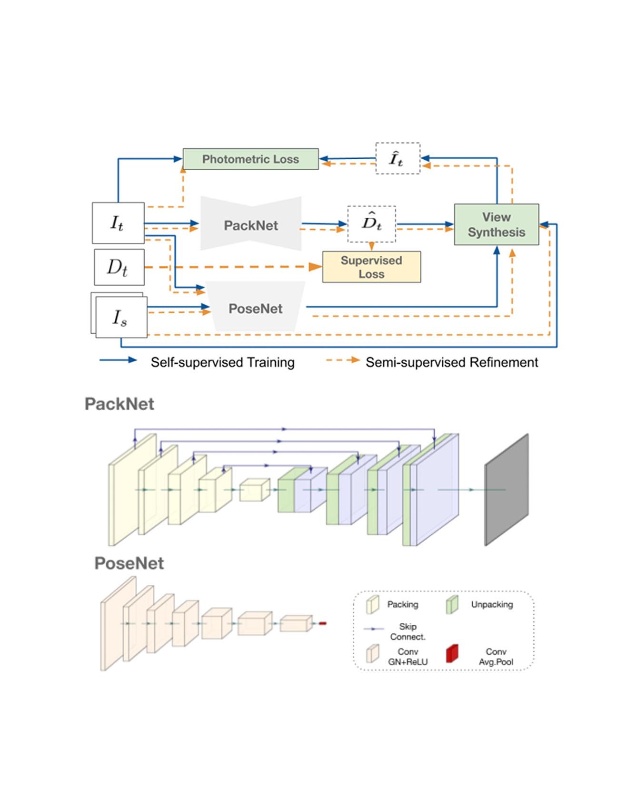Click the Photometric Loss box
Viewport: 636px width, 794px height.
(250, 159)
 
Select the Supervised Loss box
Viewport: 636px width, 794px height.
(371, 267)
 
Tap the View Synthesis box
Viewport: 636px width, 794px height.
(496, 224)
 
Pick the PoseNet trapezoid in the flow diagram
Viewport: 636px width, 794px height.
(256, 308)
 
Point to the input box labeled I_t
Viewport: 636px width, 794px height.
(118, 223)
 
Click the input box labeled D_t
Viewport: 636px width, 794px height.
(119, 267)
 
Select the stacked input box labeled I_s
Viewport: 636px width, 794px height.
(121, 317)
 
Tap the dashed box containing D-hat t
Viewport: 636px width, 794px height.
(371, 224)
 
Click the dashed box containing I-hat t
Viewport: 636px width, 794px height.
(397, 158)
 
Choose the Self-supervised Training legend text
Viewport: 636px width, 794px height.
(222, 362)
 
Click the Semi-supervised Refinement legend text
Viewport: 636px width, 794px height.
(451, 362)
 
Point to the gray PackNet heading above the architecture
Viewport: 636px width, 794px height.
(119, 404)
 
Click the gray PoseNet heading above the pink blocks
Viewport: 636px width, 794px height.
(129, 563)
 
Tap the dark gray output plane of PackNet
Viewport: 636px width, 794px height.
(506, 490)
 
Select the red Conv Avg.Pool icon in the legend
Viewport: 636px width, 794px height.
(452, 654)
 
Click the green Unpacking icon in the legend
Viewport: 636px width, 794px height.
(452, 604)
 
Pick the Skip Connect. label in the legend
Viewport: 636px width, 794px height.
(407, 631)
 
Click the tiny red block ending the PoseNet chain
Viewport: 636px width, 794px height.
(322, 623)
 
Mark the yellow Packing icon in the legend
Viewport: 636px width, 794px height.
(372, 604)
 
